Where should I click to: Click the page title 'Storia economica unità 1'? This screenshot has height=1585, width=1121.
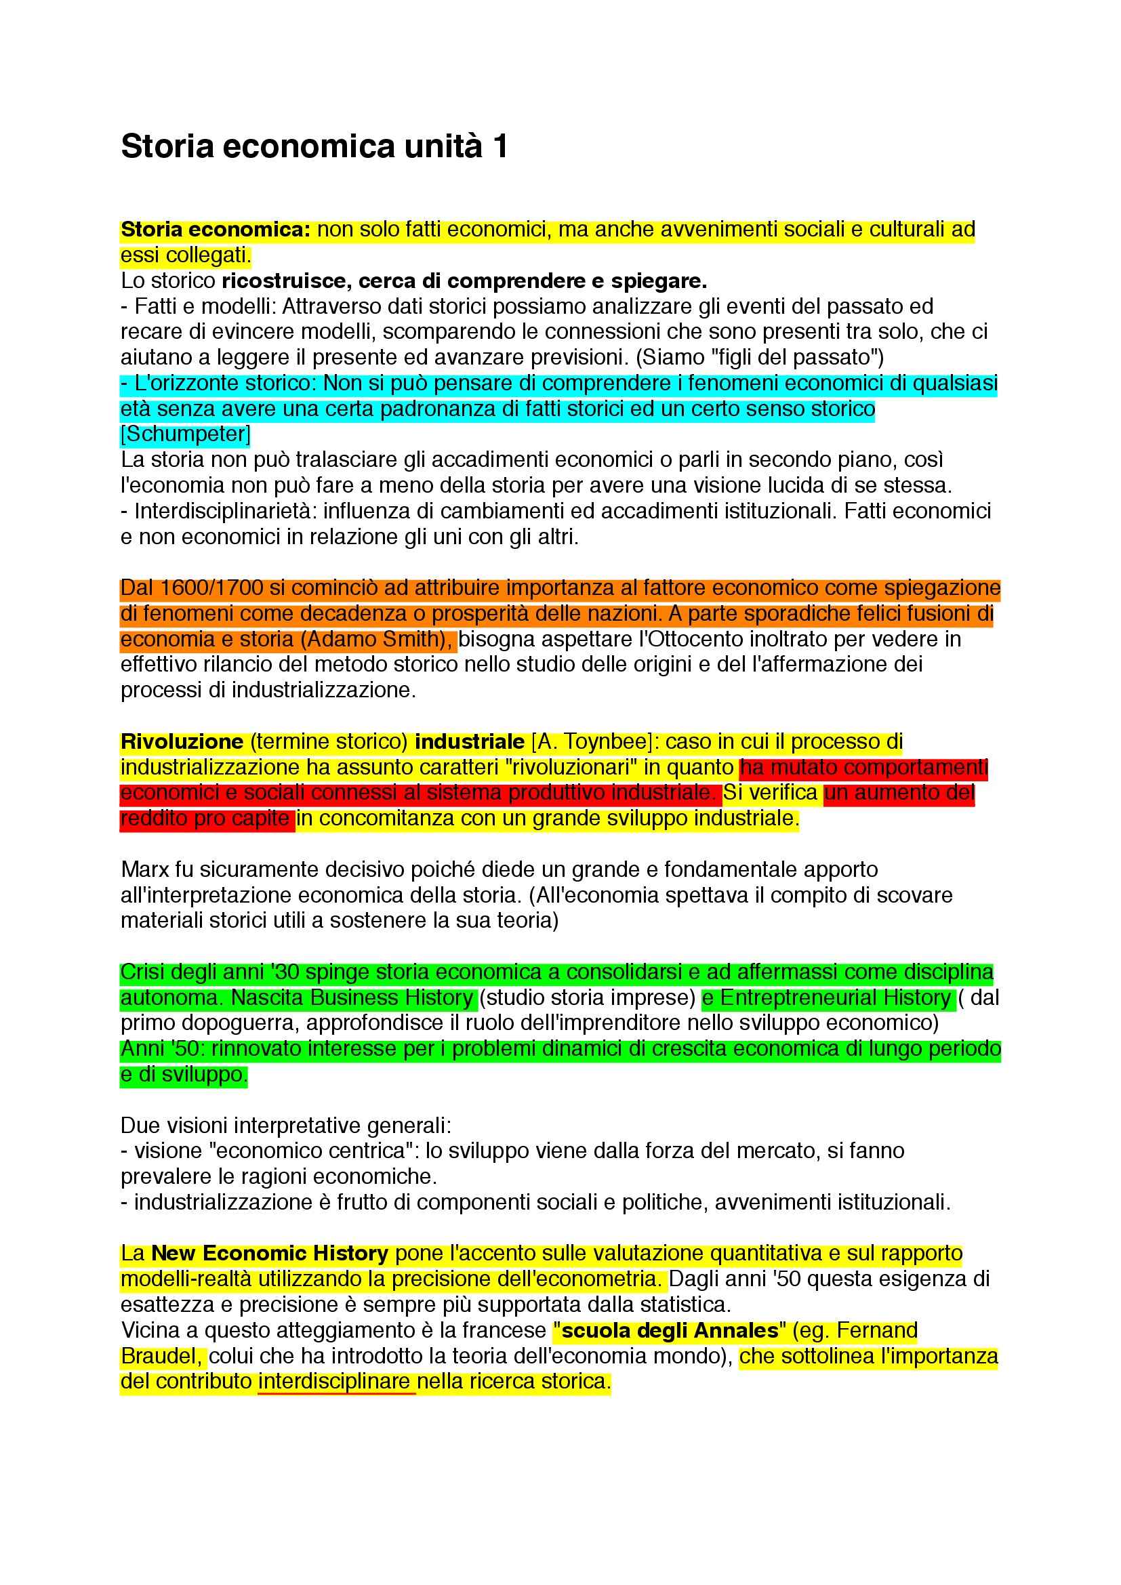(x=314, y=147)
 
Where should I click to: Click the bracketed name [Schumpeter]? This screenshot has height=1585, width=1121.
(x=185, y=434)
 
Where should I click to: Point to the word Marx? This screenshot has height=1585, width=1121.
(x=145, y=869)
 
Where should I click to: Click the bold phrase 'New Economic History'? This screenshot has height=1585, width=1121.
(x=270, y=1253)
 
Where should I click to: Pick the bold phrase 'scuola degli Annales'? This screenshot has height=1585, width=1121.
(x=670, y=1330)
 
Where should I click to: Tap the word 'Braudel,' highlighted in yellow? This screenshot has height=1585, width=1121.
(x=161, y=1356)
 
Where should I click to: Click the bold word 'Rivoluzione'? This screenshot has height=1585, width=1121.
(x=182, y=741)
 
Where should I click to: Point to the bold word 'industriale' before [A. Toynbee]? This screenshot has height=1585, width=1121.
(x=470, y=741)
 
